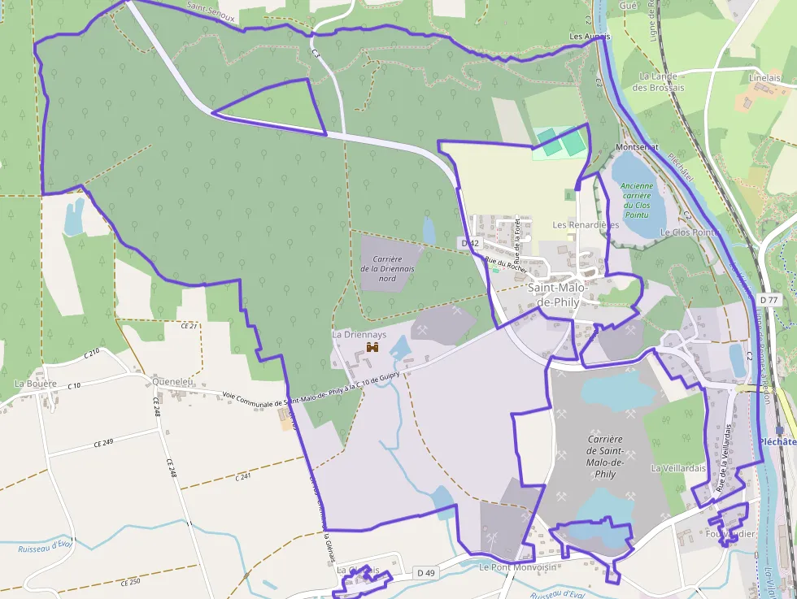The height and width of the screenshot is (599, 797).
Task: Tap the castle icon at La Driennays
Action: coord(373,348)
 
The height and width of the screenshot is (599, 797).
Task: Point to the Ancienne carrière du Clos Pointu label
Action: coord(637,201)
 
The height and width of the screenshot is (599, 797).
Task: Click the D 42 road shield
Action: coord(469,243)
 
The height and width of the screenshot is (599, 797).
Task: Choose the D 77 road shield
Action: coord(769,300)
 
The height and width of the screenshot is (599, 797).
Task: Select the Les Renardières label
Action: coord(586,224)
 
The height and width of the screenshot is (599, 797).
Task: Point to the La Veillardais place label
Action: coord(678,468)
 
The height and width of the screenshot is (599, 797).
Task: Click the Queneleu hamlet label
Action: coord(172,380)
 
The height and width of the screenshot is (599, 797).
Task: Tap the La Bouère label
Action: coord(36,383)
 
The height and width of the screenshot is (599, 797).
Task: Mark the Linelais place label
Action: coord(764,77)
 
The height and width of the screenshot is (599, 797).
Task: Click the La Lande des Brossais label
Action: coord(658,82)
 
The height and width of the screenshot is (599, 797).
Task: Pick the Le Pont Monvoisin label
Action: coord(517,567)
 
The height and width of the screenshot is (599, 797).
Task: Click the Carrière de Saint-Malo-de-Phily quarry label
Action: coord(605,456)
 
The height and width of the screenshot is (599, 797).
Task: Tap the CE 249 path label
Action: coord(102,441)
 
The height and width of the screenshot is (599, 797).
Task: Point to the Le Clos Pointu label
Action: coord(690,232)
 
